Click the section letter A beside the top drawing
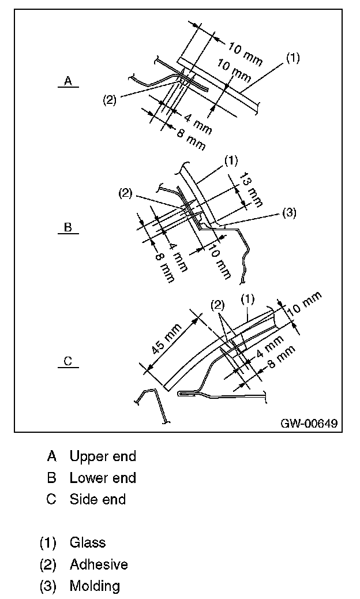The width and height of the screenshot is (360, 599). point(67,81)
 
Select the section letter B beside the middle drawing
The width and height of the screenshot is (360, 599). point(67,227)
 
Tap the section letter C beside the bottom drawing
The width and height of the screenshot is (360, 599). point(67,362)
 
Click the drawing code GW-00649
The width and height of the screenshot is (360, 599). point(309,424)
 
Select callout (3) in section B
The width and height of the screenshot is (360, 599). point(289,213)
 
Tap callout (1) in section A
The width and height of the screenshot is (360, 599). point(293,58)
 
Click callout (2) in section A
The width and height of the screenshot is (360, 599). point(109,99)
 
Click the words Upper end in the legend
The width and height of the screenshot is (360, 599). point(103,456)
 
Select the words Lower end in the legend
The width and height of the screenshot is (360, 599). point(103,478)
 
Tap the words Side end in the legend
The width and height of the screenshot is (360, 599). point(97,499)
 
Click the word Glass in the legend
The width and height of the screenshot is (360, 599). point(88,542)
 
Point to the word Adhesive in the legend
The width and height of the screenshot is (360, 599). point(99,564)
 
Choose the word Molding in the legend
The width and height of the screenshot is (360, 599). point(95,586)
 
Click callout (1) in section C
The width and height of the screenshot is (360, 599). point(247,299)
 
